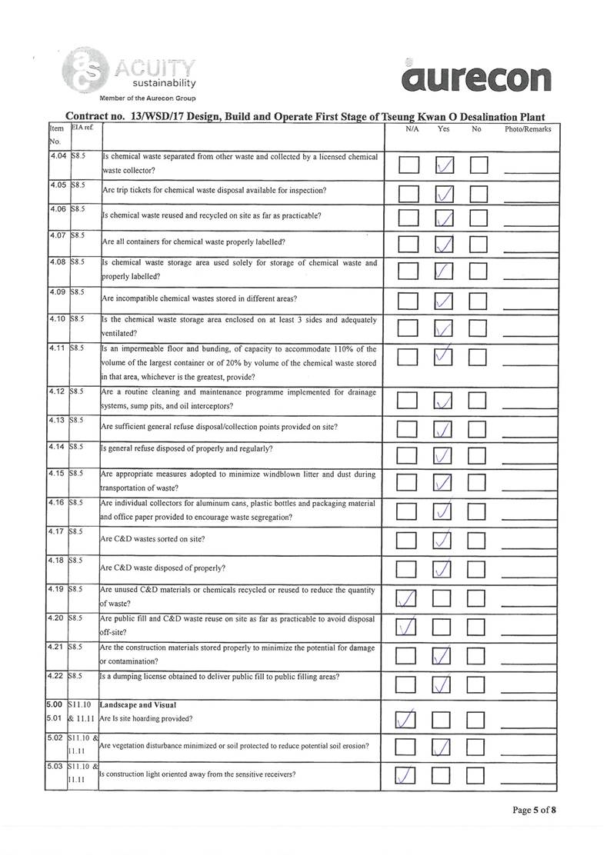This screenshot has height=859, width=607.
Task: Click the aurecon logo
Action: (475, 78)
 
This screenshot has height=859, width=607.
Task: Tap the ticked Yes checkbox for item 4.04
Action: (444, 165)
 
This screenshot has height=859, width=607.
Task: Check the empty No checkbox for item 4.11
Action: (478, 358)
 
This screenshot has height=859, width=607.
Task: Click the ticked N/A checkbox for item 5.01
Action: (409, 720)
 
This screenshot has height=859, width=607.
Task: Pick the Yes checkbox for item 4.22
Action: (444, 682)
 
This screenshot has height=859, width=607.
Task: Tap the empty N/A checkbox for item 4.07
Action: (409, 246)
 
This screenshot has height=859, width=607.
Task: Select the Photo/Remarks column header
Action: (528, 129)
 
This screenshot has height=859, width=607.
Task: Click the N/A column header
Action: (412, 129)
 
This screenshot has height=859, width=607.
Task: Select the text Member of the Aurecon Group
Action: (147, 98)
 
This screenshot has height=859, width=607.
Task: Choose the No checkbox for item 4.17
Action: (478, 542)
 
